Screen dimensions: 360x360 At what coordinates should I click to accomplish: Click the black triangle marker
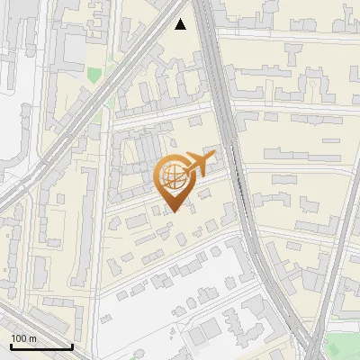tap(181, 24)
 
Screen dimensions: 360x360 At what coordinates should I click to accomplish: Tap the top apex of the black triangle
tap(181, 18)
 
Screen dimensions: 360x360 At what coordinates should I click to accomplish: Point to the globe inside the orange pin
tap(171, 175)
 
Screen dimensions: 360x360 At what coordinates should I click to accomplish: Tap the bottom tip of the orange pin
tap(173, 212)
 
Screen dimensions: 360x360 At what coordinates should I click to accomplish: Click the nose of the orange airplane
tap(214, 157)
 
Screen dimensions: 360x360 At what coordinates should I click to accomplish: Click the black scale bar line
tap(40, 346)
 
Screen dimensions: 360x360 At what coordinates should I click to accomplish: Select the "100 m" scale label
tap(23, 338)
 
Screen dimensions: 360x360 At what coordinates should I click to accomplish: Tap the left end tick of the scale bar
tap(9, 345)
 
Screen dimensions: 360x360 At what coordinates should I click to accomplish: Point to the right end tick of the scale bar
tap(72, 345)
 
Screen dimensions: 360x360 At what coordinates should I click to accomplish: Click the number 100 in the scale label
tap(20, 338)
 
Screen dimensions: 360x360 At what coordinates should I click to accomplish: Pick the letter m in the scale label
tap(32, 339)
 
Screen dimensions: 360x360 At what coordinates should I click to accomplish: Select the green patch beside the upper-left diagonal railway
tap(94, 72)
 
